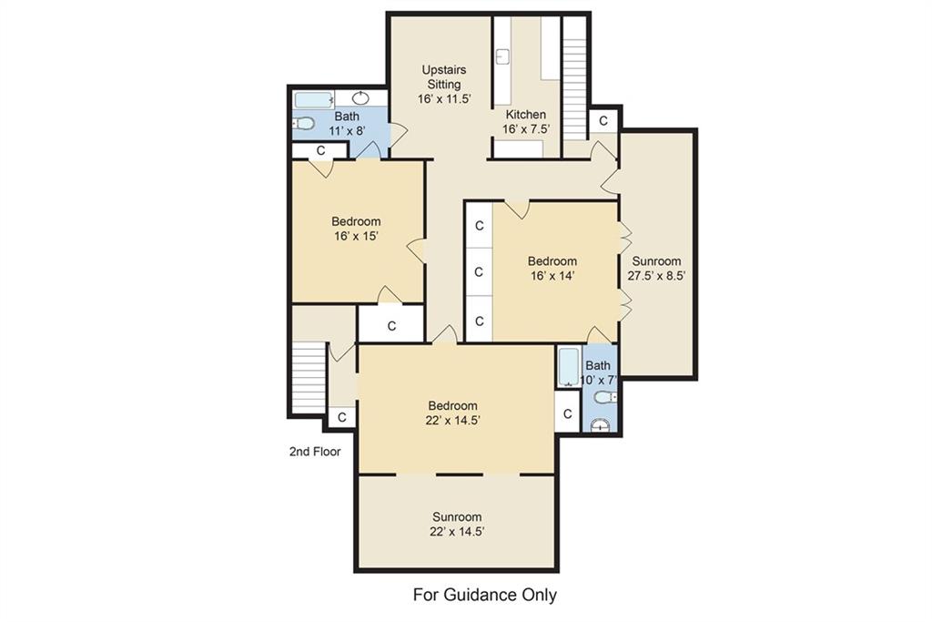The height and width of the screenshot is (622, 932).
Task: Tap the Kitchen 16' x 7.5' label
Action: (526, 121)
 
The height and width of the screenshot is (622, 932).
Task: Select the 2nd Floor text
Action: (315, 452)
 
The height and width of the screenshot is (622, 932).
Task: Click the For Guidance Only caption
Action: (485, 595)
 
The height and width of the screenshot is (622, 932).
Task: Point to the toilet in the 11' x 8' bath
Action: (304, 123)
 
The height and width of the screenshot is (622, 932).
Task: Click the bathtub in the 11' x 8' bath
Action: (314, 99)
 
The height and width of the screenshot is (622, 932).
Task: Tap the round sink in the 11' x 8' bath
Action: (361, 98)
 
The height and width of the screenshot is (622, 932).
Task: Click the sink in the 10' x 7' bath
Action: (602, 425)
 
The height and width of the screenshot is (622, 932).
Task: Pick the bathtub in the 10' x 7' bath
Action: (569, 368)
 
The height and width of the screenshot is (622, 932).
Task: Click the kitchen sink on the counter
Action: (502, 56)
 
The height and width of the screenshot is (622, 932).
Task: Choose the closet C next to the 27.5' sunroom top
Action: (603, 121)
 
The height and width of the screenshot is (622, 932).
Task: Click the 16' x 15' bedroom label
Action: (356, 229)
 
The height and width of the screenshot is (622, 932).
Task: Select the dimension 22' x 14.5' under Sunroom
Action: (457, 532)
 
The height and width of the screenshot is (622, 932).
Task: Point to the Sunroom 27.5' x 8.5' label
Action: (657, 268)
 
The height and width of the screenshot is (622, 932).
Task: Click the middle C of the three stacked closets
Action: (479, 272)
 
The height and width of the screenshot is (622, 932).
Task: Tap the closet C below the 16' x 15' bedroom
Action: (391, 326)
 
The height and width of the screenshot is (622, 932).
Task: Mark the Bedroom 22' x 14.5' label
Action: (453, 413)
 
